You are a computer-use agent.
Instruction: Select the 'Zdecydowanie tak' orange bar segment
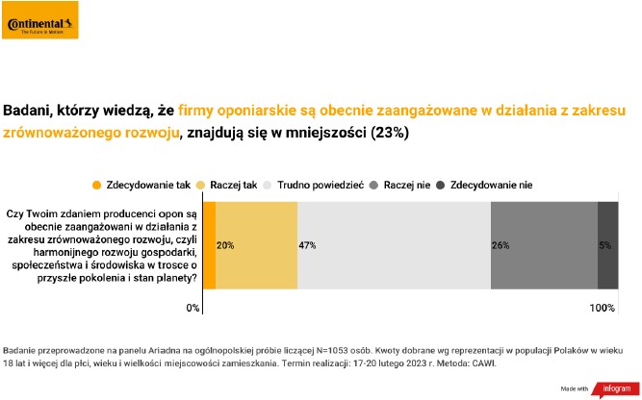point(209,245)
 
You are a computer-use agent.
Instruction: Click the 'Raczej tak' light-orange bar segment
point(257,245)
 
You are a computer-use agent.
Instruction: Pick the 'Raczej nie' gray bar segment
point(544,245)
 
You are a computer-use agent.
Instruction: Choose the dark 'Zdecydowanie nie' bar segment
point(607,245)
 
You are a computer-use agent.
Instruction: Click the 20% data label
point(226,246)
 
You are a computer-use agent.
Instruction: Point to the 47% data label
point(308,246)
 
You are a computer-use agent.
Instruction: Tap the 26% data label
point(501,246)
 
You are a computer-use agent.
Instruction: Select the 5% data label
point(604,246)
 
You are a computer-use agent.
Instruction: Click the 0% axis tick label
point(193,308)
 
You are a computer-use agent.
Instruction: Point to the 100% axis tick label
point(603,308)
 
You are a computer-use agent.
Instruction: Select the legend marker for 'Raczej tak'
point(201,184)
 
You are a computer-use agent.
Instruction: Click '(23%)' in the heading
point(390,134)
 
